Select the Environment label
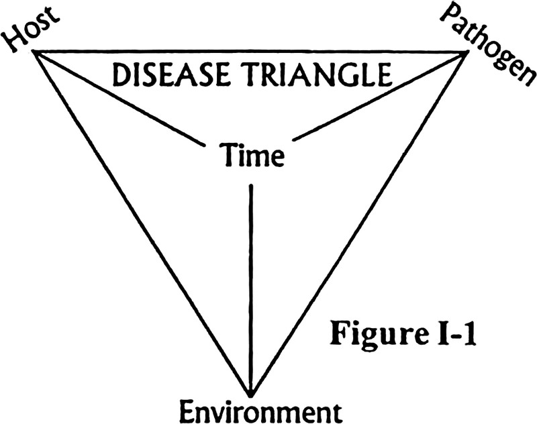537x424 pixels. coord(261,411)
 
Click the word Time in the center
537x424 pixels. coord(252,156)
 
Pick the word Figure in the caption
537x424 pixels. coord(376,333)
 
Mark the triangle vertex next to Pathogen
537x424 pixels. coord(467,52)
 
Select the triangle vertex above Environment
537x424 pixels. coord(251,396)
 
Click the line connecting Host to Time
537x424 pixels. coord(119,99)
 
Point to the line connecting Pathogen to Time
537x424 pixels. coord(380,96)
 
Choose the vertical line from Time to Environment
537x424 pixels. coord(251,290)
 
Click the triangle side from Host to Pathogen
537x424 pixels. coord(250,52)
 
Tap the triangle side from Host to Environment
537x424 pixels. coord(142,224)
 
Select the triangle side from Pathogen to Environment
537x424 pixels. coord(359,224)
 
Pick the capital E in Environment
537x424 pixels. coord(189,411)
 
